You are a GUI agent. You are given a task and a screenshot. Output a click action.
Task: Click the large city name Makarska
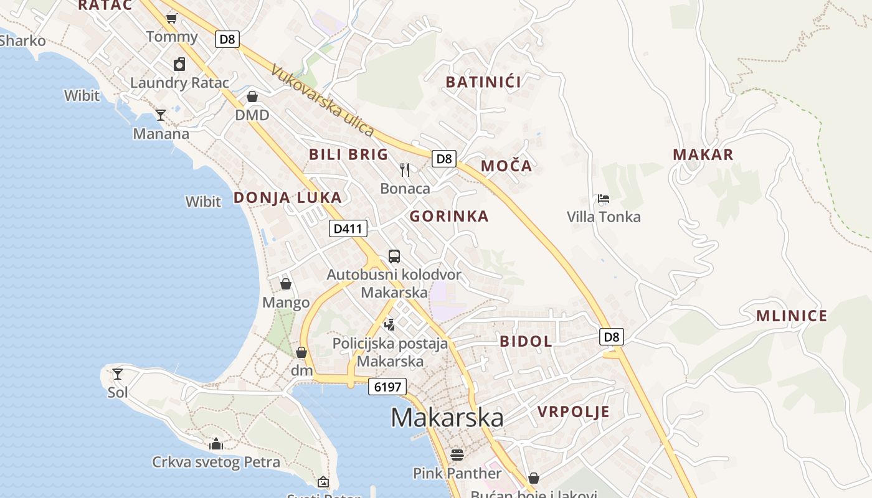(x=447, y=418)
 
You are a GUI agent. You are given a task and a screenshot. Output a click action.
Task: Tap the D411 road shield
(x=348, y=228)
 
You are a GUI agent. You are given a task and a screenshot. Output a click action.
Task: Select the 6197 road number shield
(x=387, y=387)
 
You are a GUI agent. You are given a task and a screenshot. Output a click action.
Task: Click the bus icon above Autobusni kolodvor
(x=394, y=256)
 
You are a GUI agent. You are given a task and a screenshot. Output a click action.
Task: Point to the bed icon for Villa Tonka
(x=603, y=199)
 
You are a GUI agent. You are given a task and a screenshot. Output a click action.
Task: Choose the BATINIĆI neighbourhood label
(x=483, y=82)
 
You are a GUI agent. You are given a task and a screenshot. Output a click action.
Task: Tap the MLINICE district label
(x=792, y=316)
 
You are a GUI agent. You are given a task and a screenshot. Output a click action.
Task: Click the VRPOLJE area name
(x=573, y=411)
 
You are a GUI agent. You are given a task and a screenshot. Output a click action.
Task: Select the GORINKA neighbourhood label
(x=448, y=216)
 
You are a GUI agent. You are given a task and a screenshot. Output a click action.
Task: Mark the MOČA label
(x=506, y=166)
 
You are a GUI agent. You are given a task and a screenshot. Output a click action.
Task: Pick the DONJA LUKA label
(x=287, y=198)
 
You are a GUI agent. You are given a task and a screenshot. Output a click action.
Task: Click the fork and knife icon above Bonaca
(x=405, y=169)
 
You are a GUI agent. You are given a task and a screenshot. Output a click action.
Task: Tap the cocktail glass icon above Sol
(x=118, y=374)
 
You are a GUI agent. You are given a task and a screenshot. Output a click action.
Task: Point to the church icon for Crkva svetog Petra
(x=216, y=444)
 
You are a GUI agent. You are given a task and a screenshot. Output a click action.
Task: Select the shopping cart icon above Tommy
(x=171, y=19)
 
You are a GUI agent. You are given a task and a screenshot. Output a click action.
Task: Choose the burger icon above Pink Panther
(x=457, y=455)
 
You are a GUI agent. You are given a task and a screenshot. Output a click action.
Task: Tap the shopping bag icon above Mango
(x=286, y=284)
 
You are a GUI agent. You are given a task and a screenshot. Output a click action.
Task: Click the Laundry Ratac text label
(x=179, y=82)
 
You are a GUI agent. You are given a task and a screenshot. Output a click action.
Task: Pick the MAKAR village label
(x=703, y=154)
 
